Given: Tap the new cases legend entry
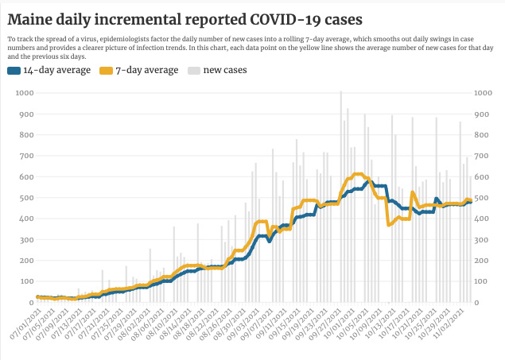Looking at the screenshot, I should click(224, 71).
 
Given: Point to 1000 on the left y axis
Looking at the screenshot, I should click(24, 93).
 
